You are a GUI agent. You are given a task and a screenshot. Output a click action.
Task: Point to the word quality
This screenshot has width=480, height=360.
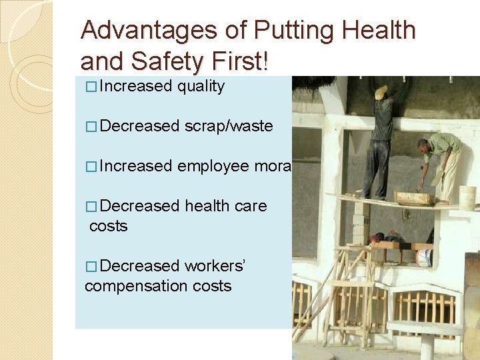pyautogui.click(x=201, y=86)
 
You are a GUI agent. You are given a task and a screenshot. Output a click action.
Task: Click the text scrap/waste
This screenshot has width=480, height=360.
pyautogui.click(x=229, y=126)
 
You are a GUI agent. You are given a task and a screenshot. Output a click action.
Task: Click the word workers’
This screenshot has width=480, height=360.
pyautogui.click(x=215, y=266)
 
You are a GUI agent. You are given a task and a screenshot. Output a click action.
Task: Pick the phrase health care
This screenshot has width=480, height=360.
pyautogui.click(x=225, y=206)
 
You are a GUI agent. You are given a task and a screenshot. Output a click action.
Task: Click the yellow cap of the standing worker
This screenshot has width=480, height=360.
pyautogui.click(x=381, y=92)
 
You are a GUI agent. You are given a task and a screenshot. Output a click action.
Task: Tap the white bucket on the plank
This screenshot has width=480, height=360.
pyautogui.click(x=467, y=196)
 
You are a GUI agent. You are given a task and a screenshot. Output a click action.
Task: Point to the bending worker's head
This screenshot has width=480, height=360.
pyautogui.click(x=423, y=145)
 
